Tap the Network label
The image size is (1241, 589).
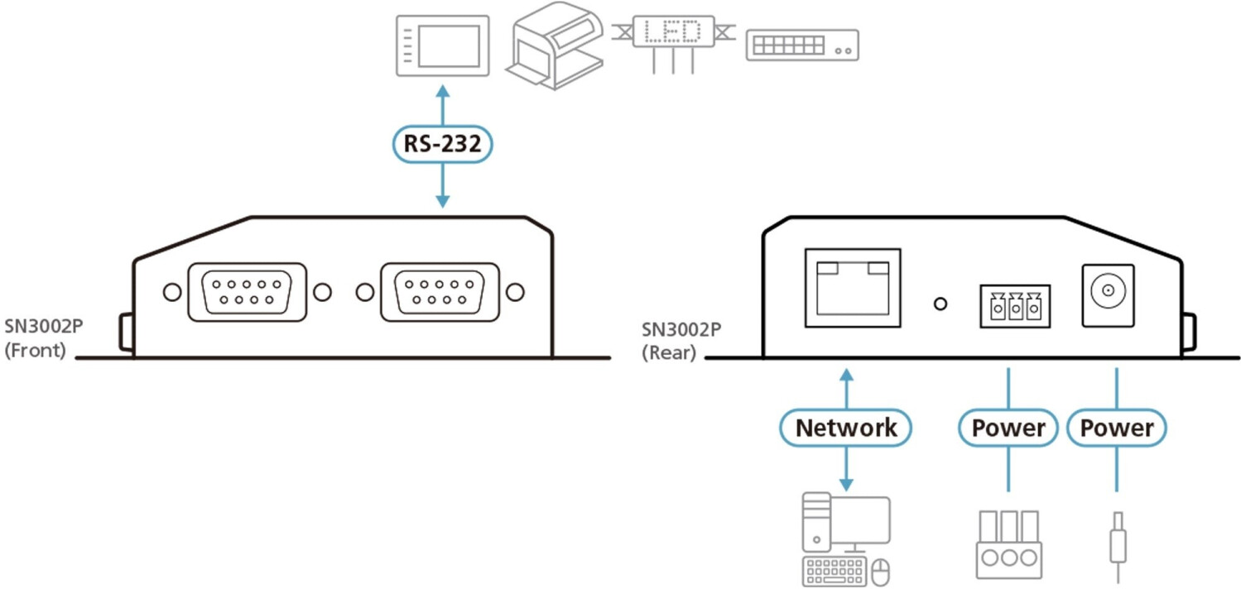tap(845, 428)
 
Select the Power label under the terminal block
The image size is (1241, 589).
tap(1008, 428)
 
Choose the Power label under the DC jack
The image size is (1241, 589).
tap(1116, 428)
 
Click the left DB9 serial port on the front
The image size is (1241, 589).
tap(247, 292)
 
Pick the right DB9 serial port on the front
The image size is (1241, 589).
tap(439, 292)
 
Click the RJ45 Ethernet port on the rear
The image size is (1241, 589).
tap(852, 288)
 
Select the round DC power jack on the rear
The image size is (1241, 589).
tap(1108, 292)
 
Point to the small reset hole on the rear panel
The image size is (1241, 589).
tap(940, 304)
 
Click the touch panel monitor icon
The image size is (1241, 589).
tap(442, 45)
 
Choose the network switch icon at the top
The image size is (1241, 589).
tap(801, 45)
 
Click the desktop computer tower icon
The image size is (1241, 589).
tap(818, 523)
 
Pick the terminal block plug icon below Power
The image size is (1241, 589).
tap(1008, 544)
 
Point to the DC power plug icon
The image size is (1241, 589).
tap(1116, 542)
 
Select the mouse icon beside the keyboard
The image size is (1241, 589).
tap(882, 570)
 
